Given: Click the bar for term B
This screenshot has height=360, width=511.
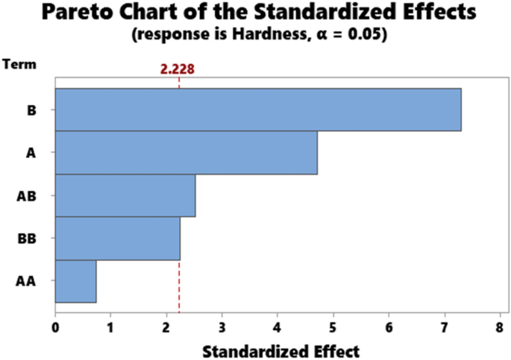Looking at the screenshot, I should coord(257,110).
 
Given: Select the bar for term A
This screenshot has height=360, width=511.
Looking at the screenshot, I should coord(186,153).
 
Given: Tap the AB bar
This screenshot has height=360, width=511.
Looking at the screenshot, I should coord(125,195).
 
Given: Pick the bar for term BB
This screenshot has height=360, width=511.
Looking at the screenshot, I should coord(117,239).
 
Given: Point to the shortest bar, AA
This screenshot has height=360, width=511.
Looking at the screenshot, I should coord(75,281).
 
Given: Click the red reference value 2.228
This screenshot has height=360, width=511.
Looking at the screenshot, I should coord(178,69).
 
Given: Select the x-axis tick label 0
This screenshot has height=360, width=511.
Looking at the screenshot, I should coord(55,326).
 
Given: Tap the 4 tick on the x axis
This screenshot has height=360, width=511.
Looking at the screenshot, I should coord(278,326).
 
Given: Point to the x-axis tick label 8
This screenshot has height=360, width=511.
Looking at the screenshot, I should coord(500,326).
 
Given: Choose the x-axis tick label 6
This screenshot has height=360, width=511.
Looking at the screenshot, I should coord(389,326).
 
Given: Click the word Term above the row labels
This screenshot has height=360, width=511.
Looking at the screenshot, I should coord(16,65).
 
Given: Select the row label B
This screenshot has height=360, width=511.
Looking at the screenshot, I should coord(31,110).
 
